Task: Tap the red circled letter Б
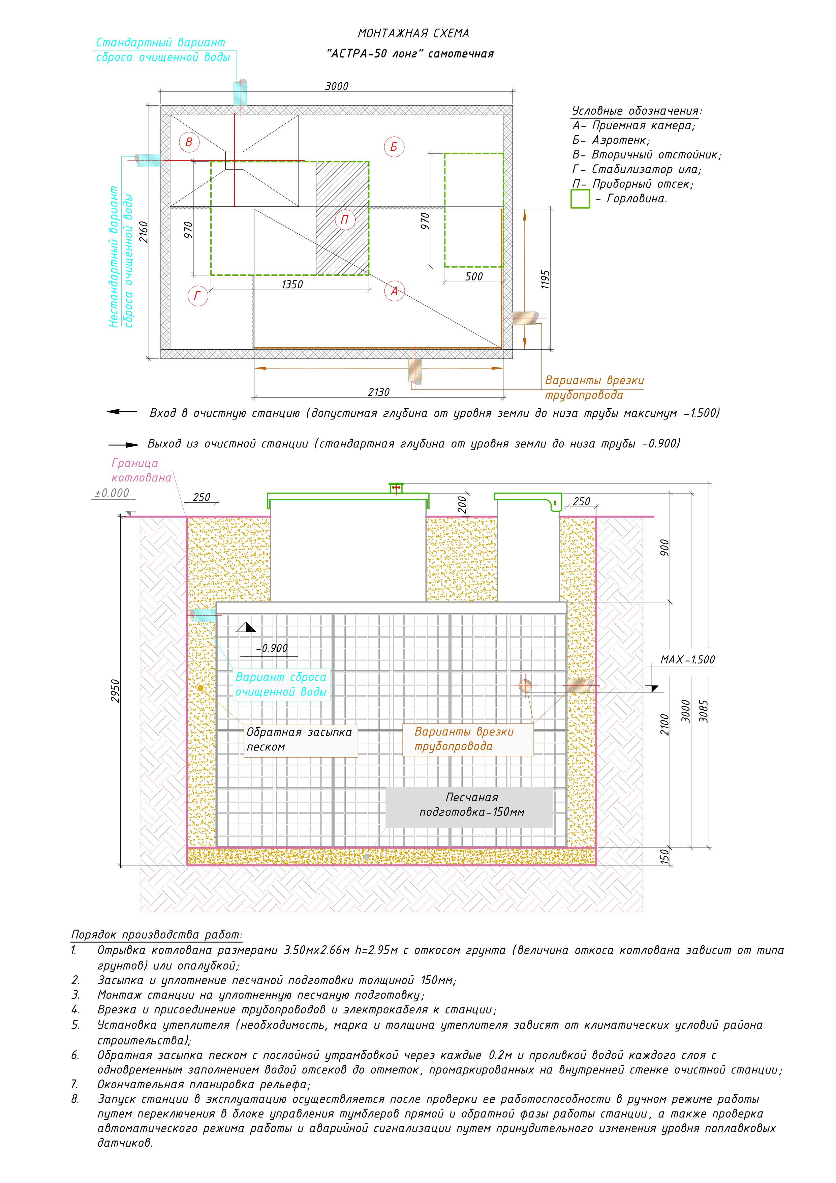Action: pyautogui.click(x=394, y=147)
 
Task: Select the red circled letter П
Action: pyautogui.click(x=345, y=220)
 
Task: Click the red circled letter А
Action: pyautogui.click(x=395, y=291)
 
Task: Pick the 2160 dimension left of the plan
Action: pyautogui.click(x=144, y=232)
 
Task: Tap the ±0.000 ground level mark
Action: pyautogui.click(x=112, y=493)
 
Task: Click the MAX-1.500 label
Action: pyautogui.click(x=688, y=660)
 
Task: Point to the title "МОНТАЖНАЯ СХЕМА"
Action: pyautogui.click(x=414, y=33)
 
